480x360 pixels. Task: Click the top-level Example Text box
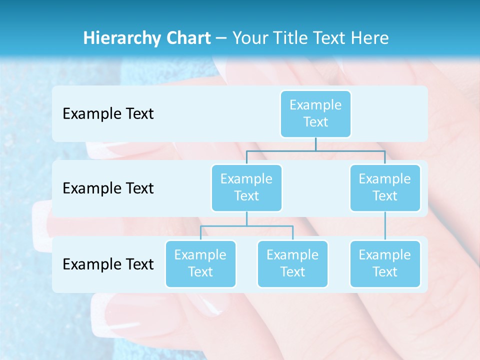pos(315,114)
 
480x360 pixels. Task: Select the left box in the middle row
pos(246,188)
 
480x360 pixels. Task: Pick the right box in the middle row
pos(385,188)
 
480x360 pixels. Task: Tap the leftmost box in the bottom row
pos(200,264)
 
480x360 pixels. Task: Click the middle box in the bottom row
pos(292,264)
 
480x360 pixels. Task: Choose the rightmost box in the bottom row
pos(385,264)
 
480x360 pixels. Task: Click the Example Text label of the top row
pos(108,114)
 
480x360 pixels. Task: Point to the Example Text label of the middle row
pos(108,188)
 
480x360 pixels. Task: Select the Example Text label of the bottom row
pos(108,264)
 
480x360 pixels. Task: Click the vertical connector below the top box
pos(315,144)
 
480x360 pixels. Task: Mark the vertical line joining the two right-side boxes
pos(385,226)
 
